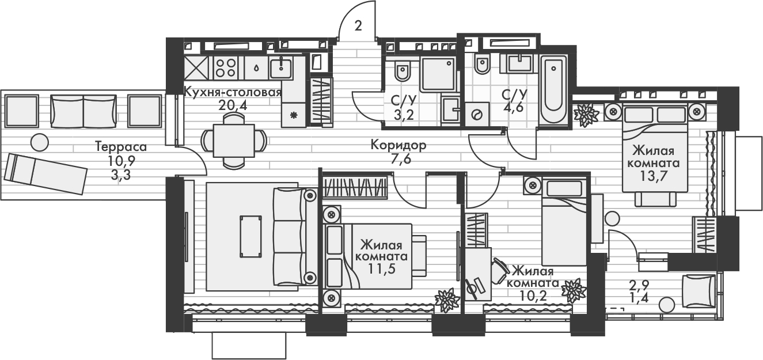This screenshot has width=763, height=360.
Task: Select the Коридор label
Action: pos(398,145)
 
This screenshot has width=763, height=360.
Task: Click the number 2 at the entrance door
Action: pos(359,25)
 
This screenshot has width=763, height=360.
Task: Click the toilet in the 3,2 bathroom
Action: pos(402,71)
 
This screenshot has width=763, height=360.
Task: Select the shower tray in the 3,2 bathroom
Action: pos(438,74)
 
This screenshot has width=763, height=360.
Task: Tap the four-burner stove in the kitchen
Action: pos(226,67)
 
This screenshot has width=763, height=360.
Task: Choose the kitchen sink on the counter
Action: pos(282,68)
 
